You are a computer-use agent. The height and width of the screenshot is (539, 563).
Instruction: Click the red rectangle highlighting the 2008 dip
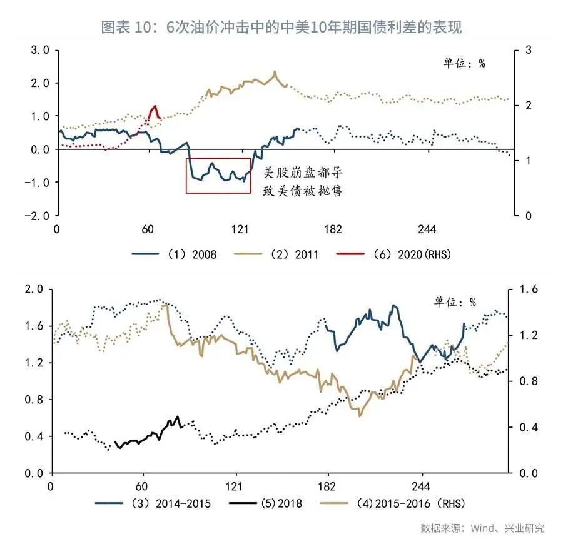pyautogui.click(x=218, y=176)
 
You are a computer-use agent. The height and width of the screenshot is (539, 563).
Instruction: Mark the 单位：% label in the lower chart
pyautogui.click(x=455, y=302)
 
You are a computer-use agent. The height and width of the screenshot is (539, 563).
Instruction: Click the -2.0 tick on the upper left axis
pyautogui.click(x=40, y=215)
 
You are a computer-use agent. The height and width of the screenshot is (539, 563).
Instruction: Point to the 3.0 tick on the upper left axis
pyautogui.click(x=41, y=49)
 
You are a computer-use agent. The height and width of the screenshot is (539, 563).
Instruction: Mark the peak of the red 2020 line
pyautogui.click(x=154, y=106)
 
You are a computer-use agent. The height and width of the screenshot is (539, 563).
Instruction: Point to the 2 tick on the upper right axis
pyautogui.click(x=520, y=105)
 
